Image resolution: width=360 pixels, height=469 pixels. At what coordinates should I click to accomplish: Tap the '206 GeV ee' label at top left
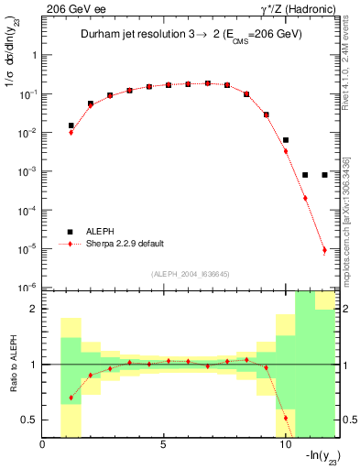[71, 8]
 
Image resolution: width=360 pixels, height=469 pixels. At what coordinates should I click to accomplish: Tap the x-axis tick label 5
[163, 445]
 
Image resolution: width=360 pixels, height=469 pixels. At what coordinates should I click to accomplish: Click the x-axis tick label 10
[284, 445]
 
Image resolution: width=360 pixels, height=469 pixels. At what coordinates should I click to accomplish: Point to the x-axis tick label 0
[43, 445]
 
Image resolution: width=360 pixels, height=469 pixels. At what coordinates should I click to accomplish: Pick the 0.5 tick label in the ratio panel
[30, 420]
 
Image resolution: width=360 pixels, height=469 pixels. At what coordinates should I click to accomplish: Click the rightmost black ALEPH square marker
[324, 175]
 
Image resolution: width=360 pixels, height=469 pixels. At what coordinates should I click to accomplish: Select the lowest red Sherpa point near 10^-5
[324, 250]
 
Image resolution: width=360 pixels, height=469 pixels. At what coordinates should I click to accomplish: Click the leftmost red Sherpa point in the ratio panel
[71, 398]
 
